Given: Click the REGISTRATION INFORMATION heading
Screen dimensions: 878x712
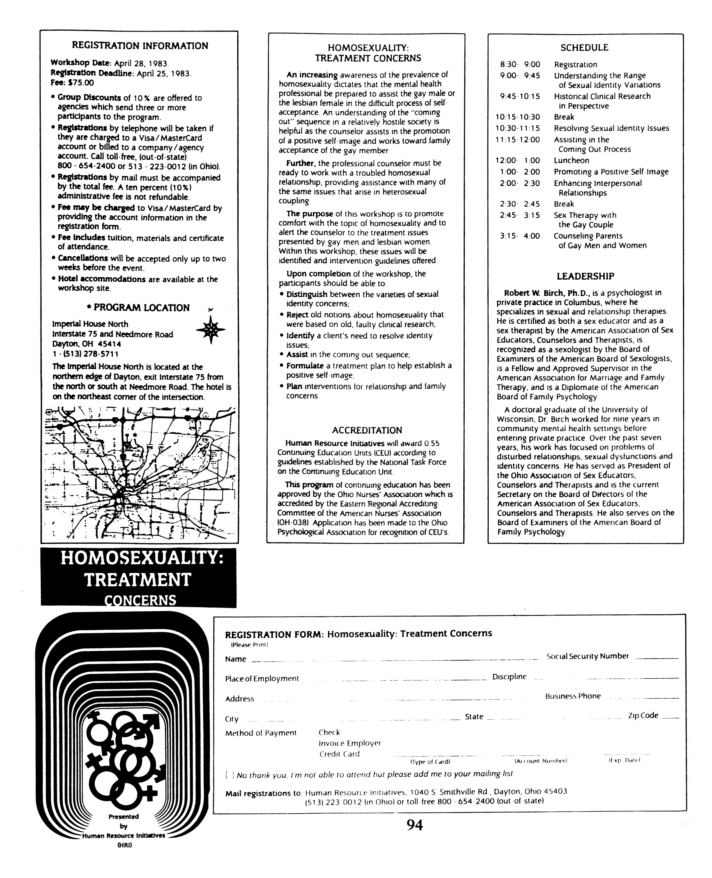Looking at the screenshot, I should tap(140, 45).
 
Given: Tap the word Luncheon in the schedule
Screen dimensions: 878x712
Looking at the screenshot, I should tap(571, 161).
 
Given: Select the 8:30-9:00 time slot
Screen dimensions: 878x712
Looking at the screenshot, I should tap(520, 64).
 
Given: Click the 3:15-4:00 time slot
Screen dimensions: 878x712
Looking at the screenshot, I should tap(520, 236).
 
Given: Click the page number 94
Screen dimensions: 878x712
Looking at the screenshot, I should tap(415, 825).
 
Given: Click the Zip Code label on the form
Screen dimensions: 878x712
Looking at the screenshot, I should tap(643, 715).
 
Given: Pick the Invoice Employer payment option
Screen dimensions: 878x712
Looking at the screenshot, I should tap(350, 743).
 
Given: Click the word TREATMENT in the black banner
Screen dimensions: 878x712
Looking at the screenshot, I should tap(138, 580).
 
